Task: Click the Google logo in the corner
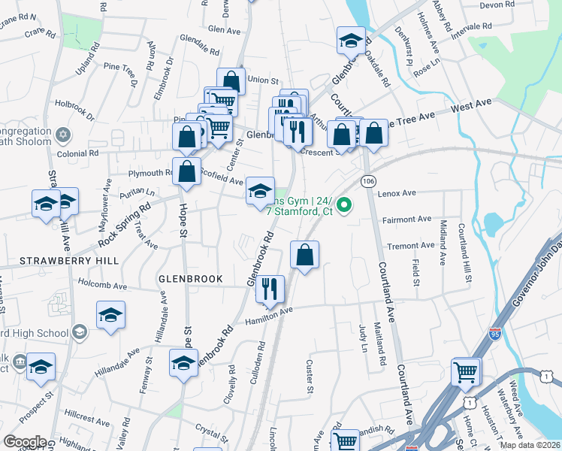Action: point(25,441)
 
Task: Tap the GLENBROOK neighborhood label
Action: point(190,279)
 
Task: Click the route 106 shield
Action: point(368,182)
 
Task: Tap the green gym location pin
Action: point(345,204)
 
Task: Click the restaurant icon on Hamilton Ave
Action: point(270,289)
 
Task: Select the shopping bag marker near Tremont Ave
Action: point(304,256)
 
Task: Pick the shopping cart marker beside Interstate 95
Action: point(466,371)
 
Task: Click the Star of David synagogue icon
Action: point(64,135)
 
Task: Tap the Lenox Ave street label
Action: point(398,194)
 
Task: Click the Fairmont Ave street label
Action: point(407,219)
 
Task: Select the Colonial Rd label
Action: point(78,153)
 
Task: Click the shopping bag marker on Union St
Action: point(231,81)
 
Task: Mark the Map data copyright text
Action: point(530,444)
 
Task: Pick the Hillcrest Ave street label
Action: point(86,414)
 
